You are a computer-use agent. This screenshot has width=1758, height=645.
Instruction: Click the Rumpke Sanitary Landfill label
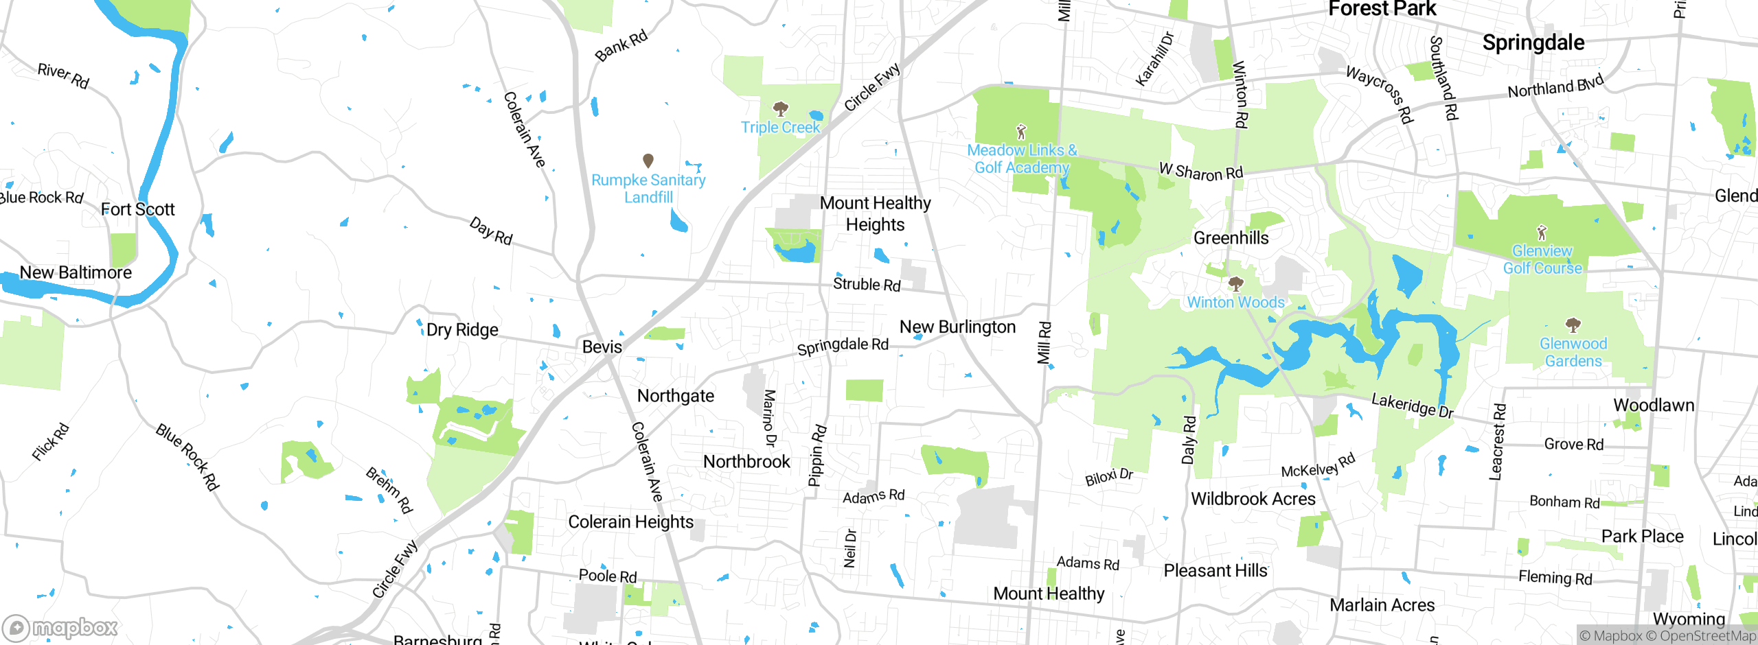point(648,189)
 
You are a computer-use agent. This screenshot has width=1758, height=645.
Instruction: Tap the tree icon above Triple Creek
point(780,108)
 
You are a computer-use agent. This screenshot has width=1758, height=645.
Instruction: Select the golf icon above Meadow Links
point(1021,131)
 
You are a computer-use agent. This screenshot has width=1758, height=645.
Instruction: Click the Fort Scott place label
point(137,209)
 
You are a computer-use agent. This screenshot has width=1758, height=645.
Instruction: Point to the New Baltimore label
point(76,272)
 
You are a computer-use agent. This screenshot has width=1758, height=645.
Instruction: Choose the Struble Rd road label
point(867,284)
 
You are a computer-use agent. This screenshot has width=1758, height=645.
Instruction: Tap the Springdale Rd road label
point(843,346)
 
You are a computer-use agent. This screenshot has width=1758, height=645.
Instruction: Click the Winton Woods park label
point(1235,303)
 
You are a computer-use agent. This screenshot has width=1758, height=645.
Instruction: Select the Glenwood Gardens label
point(1573,352)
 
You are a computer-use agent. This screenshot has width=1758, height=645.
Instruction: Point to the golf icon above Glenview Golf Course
point(1542,233)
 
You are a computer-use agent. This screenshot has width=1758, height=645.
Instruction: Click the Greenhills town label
point(1231,238)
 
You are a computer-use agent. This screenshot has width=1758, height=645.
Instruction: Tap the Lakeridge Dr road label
point(1412,405)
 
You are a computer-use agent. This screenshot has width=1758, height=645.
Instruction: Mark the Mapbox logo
point(60,628)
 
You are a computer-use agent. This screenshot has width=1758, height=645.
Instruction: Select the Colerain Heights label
point(630,522)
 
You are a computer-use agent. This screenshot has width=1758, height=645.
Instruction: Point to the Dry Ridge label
point(462,330)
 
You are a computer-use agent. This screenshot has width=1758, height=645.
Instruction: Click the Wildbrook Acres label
point(1253,499)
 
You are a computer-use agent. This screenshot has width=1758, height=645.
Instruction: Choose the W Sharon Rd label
point(1200,172)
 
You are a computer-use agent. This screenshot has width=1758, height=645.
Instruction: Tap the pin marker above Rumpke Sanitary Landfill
point(648,161)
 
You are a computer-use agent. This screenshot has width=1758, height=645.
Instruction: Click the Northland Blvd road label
point(1555,87)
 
